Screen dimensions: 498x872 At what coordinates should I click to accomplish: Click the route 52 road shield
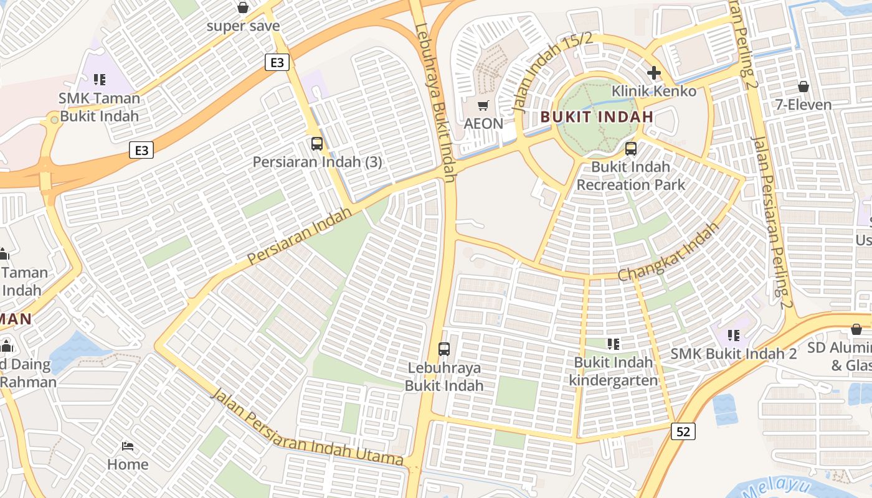pyautogui.click(x=683, y=431)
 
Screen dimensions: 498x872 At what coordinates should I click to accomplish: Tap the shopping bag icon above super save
pyautogui.click(x=243, y=7)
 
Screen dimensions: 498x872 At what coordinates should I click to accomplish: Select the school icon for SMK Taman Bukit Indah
pyautogui.click(x=99, y=79)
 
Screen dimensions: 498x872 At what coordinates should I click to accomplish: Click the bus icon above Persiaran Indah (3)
pyautogui.click(x=317, y=144)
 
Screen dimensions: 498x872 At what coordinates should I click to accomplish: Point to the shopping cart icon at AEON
pyautogui.click(x=483, y=105)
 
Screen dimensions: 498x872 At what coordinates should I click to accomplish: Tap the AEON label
pyautogui.click(x=483, y=123)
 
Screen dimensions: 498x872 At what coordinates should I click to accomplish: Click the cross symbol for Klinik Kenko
pyautogui.click(x=653, y=73)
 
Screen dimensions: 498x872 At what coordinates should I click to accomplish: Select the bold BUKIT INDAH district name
pyautogui.click(x=597, y=116)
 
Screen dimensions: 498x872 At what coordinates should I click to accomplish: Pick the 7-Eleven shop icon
pyautogui.click(x=803, y=86)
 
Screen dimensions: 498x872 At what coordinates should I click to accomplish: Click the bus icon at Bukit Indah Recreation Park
pyautogui.click(x=631, y=149)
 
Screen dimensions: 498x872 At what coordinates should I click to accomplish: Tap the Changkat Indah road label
pyautogui.click(x=668, y=251)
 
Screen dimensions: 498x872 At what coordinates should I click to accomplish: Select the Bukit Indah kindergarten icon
pyautogui.click(x=614, y=344)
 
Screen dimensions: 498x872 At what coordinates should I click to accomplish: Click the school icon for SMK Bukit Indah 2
pyautogui.click(x=734, y=336)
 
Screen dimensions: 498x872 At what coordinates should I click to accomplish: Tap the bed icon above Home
pyautogui.click(x=128, y=446)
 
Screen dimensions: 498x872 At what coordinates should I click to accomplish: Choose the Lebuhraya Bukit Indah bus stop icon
pyautogui.click(x=444, y=349)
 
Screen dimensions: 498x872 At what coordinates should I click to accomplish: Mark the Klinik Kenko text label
pyautogui.click(x=653, y=92)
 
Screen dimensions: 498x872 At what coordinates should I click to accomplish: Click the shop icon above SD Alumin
pyautogui.click(x=856, y=329)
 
